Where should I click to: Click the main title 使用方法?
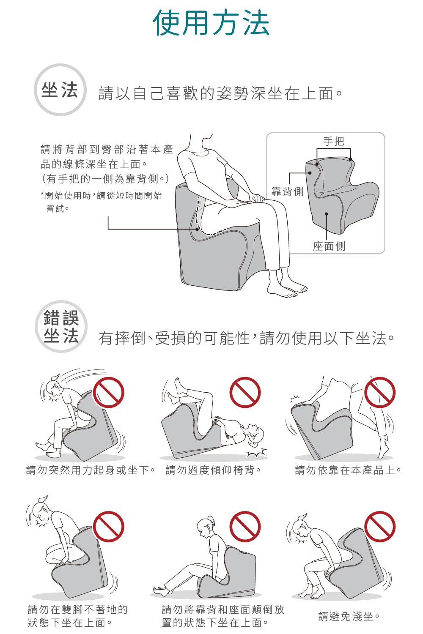(x=211, y=23)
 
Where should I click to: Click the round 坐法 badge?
(x=60, y=90)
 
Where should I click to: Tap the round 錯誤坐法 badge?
(x=61, y=326)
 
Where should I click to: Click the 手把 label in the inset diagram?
(x=334, y=141)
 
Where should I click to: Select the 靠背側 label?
(x=287, y=191)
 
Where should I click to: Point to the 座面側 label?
(x=329, y=246)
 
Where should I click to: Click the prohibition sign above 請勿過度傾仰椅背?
(x=245, y=392)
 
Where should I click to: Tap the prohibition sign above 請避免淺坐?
(x=380, y=527)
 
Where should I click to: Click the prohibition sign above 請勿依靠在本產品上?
(x=380, y=392)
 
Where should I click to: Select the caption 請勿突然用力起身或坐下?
(x=91, y=470)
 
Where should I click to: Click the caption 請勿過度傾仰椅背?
(x=213, y=470)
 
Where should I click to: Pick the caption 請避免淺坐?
(x=349, y=616)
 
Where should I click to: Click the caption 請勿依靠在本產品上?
(x=348, y=470)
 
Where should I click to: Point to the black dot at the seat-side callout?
(x=327, y=214)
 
